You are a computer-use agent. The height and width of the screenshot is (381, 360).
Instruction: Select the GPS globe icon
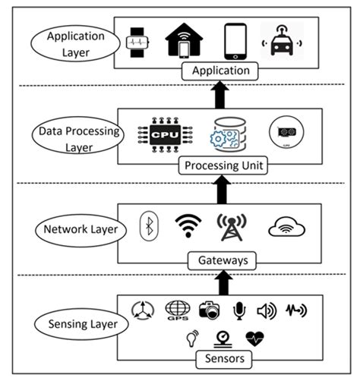tap(178, 312)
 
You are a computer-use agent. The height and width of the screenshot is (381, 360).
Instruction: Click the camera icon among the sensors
tap(207, 310)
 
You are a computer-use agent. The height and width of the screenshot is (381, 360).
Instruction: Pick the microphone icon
tap(238, 310)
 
